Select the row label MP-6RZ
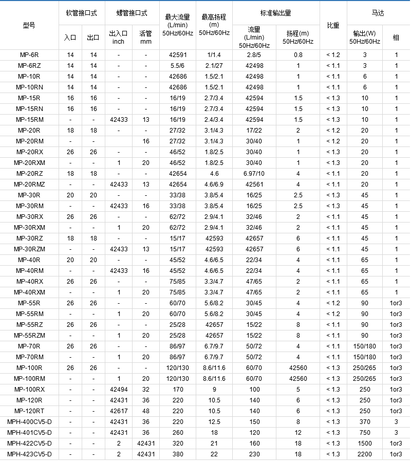pos(29,65)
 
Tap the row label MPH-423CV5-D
pos(29,454)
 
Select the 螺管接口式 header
pos(132,12)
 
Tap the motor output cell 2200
pos(364,454)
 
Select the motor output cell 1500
pos(364,443)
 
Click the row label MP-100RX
pos(29,389)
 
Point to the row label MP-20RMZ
pos(29,184)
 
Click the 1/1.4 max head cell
pos(214,54)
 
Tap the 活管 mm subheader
pos(145,37)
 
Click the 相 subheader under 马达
pos(396,38)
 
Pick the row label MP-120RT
pos(29,411)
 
